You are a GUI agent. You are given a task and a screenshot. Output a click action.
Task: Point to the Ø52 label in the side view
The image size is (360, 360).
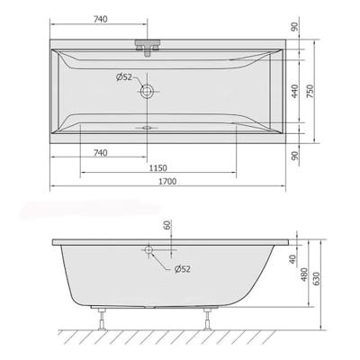[x=180, y=268]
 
